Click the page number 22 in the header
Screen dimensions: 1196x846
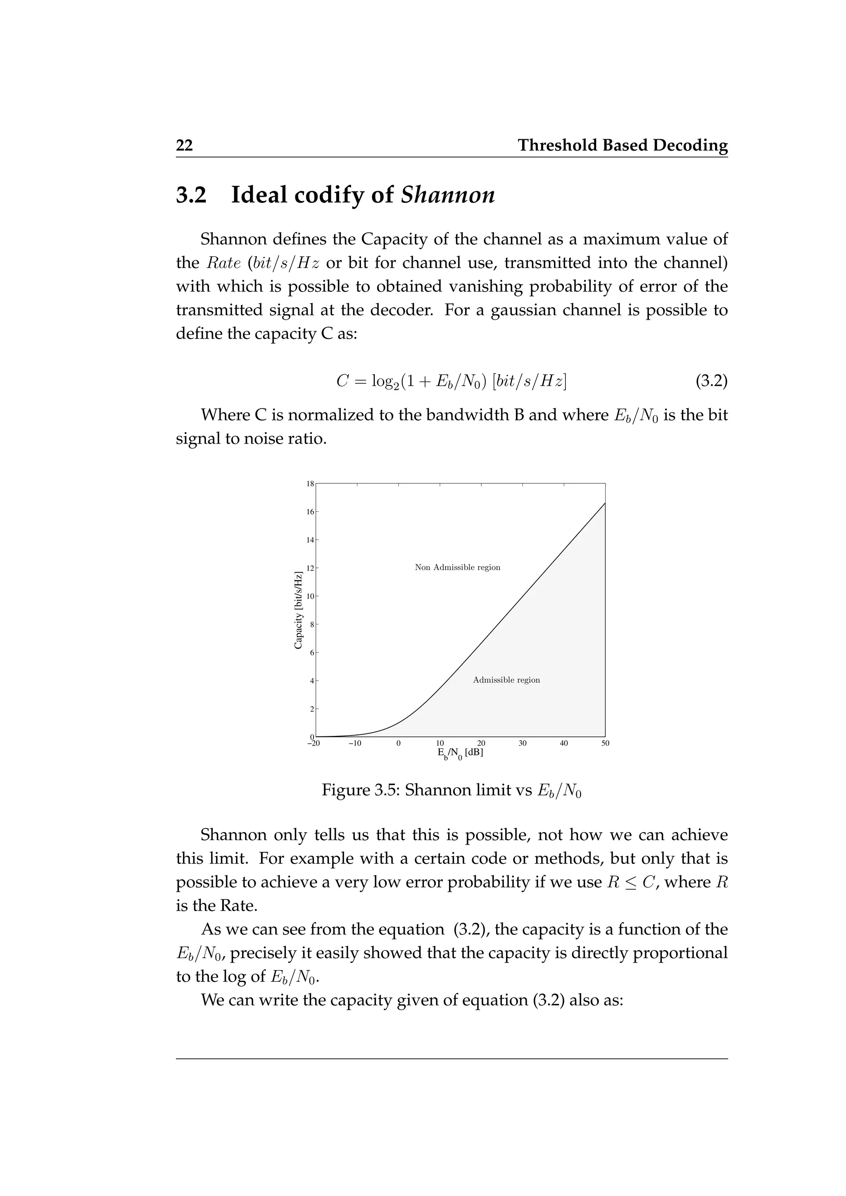pyautogui.click(x=184, y=145)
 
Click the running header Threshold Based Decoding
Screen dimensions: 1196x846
pyautogui.click(x=623, y=145)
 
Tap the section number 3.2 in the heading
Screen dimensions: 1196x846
pyautogui.click(x=191, y=195)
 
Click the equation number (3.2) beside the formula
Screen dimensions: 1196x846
pyautogui.click(x=712, y=381)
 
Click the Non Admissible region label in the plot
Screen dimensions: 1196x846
pyautogui.click(x=457, y=567)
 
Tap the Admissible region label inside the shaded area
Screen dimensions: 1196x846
pyautogui.click(x=506, y=680)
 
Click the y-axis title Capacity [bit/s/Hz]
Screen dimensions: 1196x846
pyautogui.click(x=299, y=610)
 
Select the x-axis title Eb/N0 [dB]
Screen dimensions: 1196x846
pyautogui.click(x=460, y=754)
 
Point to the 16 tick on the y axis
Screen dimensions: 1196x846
pyautogui.click(x=311, y=512)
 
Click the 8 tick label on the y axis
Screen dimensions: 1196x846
pyautogui.click(x=312, y=624)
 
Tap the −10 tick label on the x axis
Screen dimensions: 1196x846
pyautogui.click(x=354, y=743)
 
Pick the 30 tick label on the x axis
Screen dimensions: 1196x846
pyautogui.click(x=523, y=743)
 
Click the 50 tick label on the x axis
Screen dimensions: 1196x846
pyautogui.click(x=605, y=743)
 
